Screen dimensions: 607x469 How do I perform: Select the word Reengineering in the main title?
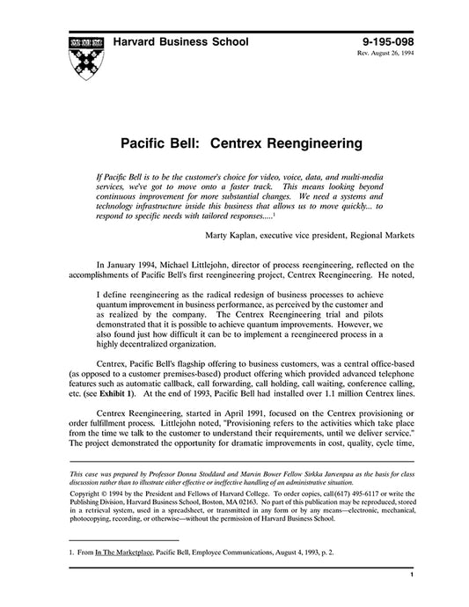299,140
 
